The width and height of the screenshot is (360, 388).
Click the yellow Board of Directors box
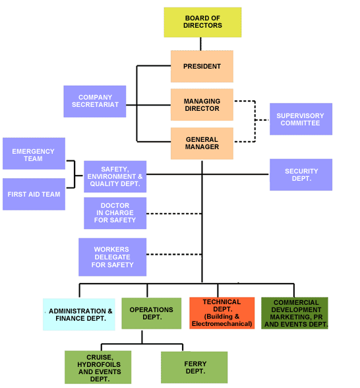(202, 22)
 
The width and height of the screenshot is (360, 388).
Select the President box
(202, 66)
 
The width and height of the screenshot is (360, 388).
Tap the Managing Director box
(202, 105)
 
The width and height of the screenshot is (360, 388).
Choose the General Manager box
(202, 143)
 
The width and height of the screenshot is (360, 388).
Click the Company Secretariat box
(95, 102)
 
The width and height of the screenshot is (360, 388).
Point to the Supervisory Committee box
(301, 119)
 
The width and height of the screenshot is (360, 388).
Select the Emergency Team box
(34, 154)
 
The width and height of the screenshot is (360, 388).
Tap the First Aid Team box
(34, 194)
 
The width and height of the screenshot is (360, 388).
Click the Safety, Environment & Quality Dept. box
(115, 176)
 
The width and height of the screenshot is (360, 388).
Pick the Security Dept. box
(301, 175)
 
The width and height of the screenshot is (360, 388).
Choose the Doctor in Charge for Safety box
(115, 213)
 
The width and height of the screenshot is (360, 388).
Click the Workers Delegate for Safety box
(113, 257)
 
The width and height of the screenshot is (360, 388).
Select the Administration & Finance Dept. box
(79, 314)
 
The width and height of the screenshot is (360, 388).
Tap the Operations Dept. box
(152, 313)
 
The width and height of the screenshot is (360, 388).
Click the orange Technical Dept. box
(222, 313)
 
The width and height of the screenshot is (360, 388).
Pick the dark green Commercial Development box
(295, 313)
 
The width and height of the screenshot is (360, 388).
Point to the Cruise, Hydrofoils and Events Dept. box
(98, 367)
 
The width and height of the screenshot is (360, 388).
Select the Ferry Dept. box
(194, 367)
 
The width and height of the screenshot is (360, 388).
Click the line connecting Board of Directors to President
(200, 44)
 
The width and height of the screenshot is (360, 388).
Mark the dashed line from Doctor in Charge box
(174, 214)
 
